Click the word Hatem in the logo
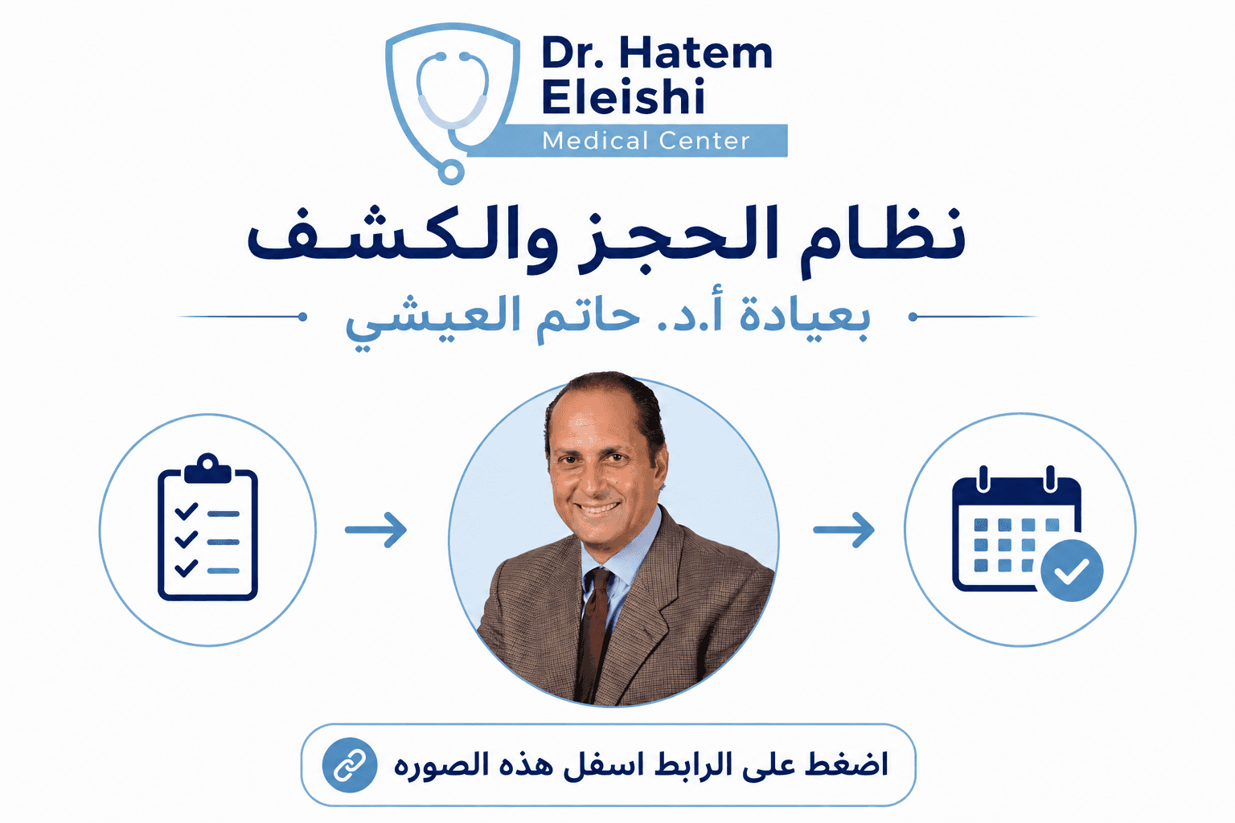695,53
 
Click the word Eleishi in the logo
623,96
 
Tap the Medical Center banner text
646,141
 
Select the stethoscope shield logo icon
453,103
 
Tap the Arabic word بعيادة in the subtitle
804,316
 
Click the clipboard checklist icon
208,527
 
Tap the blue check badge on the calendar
1072,571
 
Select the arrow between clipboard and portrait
376,530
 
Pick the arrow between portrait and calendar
843,530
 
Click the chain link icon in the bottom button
350,765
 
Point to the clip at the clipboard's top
207,469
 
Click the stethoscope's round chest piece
450,171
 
